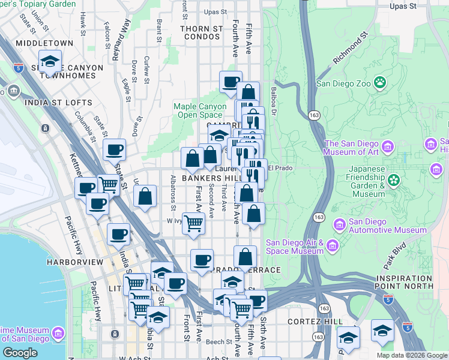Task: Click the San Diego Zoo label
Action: click(x=343, y=83)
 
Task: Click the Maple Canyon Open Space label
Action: click(x=197, y=110)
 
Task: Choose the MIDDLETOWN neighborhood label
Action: click(x=44, y=43)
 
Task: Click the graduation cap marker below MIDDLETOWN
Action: click(x=50, y=61)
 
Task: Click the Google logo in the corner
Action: click(x=20, y=353)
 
